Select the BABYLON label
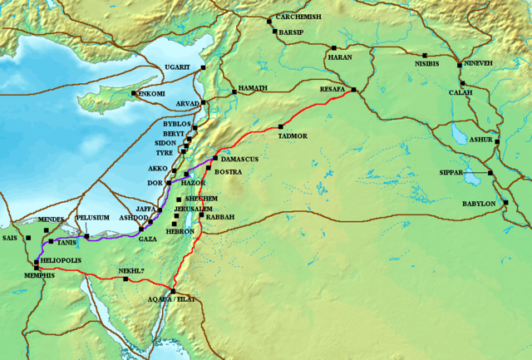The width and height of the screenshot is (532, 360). point(478,204)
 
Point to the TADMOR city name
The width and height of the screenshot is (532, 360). point(293,135)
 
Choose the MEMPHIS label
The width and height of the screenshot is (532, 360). point(38,275)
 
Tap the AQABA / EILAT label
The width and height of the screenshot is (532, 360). point(172,298)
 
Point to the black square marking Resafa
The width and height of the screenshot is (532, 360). point(354,90)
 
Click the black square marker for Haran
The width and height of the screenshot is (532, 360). point(333,48)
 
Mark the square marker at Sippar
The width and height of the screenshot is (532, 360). point(490,173)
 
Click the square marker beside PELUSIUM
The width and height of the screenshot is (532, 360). point(86,237)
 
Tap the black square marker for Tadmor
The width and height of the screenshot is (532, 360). point(281,126)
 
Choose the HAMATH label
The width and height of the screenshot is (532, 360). point(253,87)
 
